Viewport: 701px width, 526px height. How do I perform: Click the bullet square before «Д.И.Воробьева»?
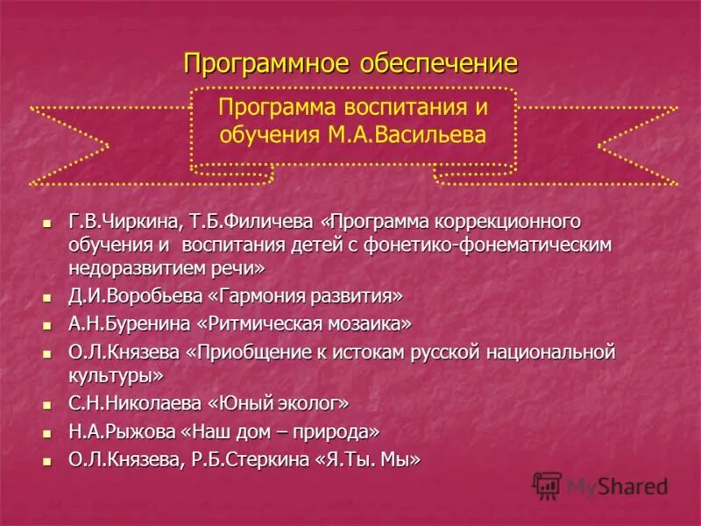49,295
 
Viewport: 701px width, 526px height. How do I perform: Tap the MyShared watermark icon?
548,485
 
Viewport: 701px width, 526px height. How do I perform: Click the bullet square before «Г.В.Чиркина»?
49,221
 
